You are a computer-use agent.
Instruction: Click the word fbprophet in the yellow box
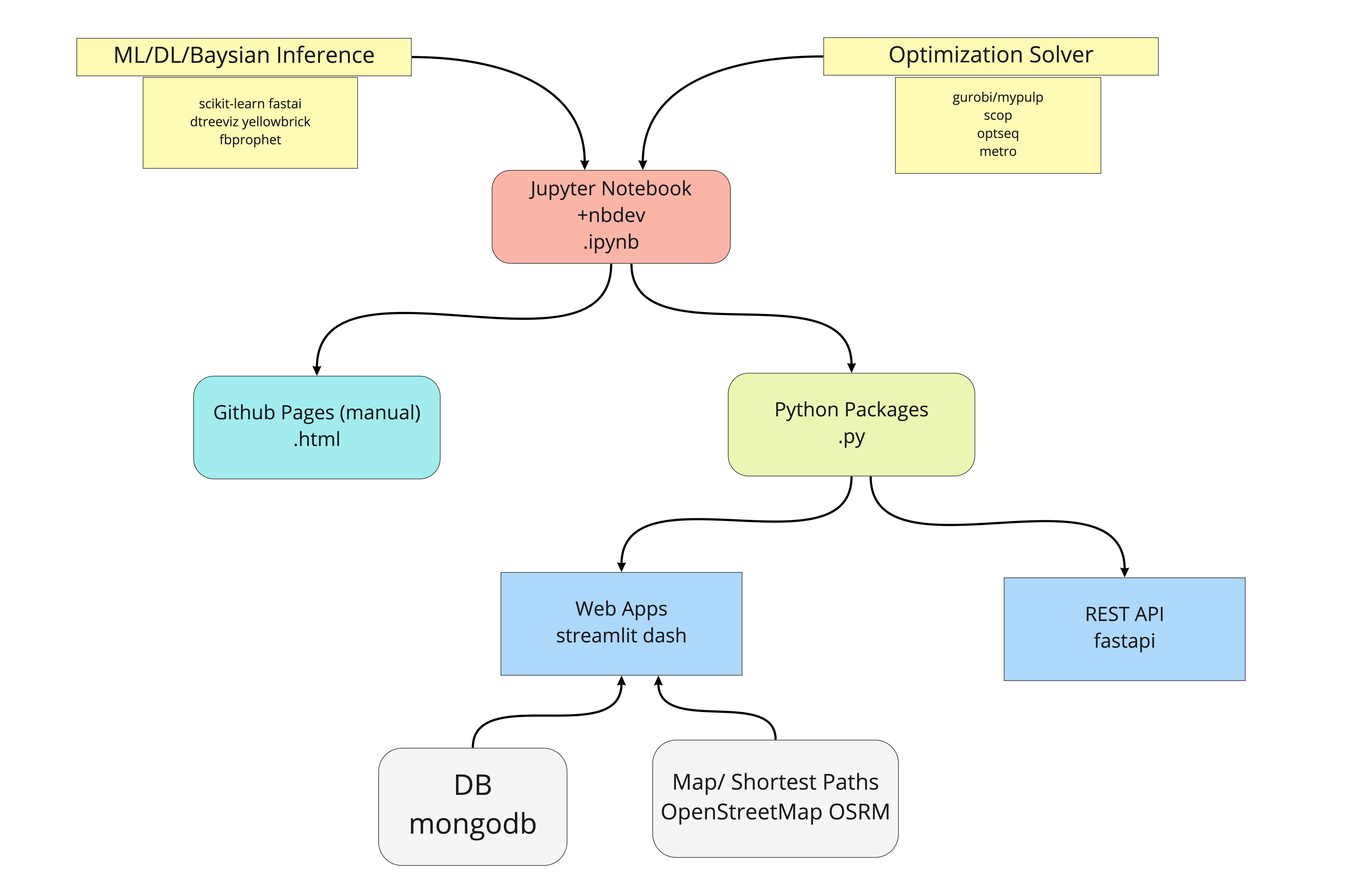(250, 140)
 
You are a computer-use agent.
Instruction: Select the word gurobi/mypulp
(998, 97)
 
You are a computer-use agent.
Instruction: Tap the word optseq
(998, 134)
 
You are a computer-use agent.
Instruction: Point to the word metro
(998, 151)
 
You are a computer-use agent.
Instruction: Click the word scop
(998, 116)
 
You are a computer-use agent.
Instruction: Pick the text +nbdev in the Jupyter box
(611, 215)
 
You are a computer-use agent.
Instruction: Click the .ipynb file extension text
(611, 242)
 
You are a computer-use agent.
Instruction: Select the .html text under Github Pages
(317, 439)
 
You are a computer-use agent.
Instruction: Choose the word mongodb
(473, 824)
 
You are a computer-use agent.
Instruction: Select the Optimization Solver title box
(991, 56)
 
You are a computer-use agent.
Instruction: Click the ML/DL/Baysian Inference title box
(244, 57)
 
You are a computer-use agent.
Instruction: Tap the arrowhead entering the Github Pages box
(317, 371)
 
